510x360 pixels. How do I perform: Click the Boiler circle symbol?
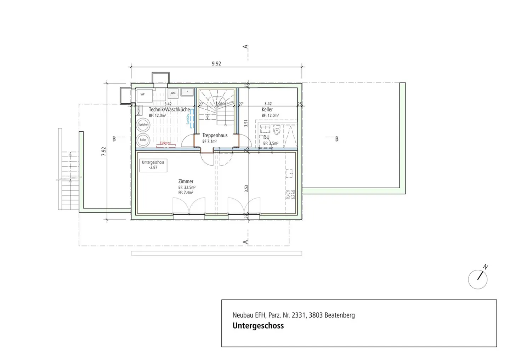click(143, 140)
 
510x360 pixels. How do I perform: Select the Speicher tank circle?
click(143, 125)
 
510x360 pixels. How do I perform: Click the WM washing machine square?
click(173, 93)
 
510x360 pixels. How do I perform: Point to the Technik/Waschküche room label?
click(169, 110)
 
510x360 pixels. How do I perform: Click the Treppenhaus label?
click(215, 135)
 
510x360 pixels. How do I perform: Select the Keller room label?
click(267, 110)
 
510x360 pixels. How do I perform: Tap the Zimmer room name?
click(186, 182)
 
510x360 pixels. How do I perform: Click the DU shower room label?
click(266, 137)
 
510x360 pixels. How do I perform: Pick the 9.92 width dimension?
click(216, 64)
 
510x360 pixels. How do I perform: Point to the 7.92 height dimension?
click(103, 152)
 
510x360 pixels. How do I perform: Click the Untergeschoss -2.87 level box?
click(153, 165)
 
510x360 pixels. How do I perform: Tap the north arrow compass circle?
click(477, 279)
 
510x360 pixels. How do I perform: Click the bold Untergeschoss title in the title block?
click(258, 326)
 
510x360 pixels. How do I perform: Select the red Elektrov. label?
click(165, 143)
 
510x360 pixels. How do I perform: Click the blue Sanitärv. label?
click(188, 118)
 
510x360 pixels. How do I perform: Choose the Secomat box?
click(138, 110)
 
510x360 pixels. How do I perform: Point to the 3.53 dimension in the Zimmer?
click(246, 188)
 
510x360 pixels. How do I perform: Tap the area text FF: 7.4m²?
click(186, 193)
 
